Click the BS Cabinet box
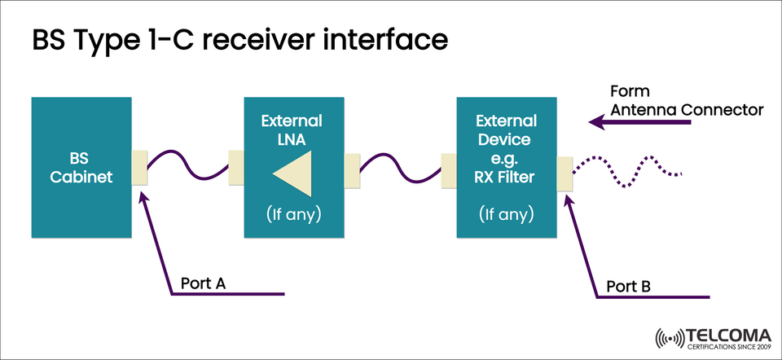tap(81, 167)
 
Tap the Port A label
tap(203, 283)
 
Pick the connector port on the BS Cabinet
tap(139, 166)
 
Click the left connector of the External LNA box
tap(237, 166)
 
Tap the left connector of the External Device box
tap(448, 172)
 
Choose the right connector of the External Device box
tap(565, 173)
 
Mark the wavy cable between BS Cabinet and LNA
tap(187, 163)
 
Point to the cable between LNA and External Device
tap(399, 167)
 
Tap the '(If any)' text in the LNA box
tap(294, 215)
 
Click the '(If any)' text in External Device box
tap(507, 215)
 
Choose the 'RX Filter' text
tap(507, 174)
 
